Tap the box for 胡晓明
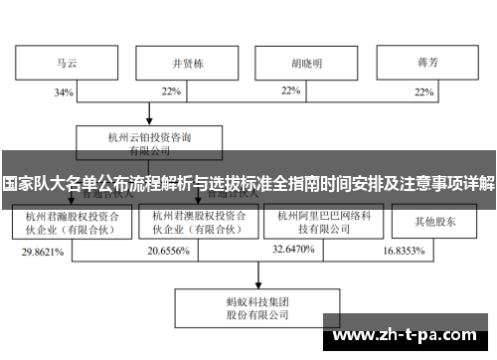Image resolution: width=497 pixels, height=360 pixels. coord(306,62)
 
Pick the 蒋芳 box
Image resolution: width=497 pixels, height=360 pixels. coord(428,62)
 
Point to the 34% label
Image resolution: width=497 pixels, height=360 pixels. coord(65,92)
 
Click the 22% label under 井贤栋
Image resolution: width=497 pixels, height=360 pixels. coord(171,92)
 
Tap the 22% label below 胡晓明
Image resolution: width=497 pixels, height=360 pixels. coord(290,90)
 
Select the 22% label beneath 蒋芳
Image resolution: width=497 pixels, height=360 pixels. coord(423,92)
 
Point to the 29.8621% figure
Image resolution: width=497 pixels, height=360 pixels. coord(43,253)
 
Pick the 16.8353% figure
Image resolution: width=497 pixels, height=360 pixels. coord(405,253)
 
